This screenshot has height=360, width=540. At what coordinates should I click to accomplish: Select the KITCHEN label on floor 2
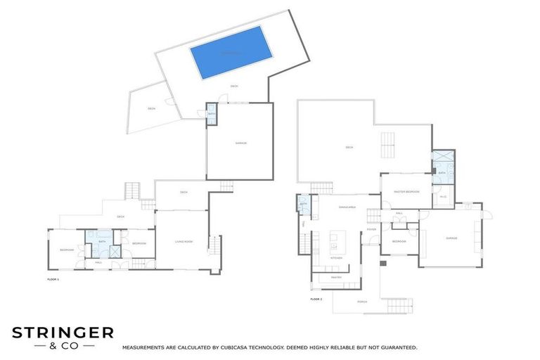tap(336, 258)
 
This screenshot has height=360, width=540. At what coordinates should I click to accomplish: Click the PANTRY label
tap(335, 278)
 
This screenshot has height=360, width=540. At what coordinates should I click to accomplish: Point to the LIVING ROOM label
tap(184, 242)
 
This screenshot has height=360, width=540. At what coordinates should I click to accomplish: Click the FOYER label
tap(371, 229)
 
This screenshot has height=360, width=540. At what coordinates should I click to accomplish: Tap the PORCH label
tap(361, 302)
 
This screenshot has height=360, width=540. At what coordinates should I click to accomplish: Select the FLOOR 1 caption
tap(53, 280)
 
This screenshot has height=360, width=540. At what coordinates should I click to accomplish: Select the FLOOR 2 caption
tap(316, 299)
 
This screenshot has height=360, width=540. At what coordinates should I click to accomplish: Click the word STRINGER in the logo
tap(63, 333)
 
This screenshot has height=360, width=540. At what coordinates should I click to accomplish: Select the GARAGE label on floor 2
tap(451, 238)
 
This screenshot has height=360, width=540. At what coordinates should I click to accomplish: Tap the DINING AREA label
tap(347, 207)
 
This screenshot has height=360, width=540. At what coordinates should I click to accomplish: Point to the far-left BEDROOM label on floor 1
tap(67, 250)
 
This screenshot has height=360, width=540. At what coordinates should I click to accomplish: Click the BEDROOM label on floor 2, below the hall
tap(399, 241)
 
